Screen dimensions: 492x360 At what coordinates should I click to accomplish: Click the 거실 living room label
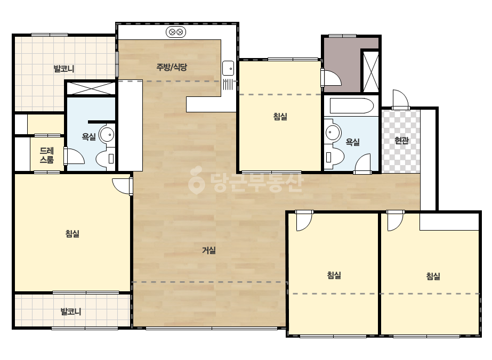click(x=208, y=250)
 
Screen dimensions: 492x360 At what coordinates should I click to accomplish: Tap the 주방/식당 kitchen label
click(x=172, y=67)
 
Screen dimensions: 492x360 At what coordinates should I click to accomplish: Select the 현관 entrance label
click(x=401, y=140)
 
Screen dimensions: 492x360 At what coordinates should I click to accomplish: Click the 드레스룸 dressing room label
click(x=47, y=155)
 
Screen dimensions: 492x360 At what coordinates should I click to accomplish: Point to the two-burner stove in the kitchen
click(x=176, y=32)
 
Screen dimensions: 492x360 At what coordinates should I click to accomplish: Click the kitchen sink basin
click(x=228, y=68)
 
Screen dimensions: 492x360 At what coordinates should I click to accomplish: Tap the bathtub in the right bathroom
click(x=351, y=105)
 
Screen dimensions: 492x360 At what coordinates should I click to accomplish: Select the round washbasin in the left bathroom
click(x=107, y=135)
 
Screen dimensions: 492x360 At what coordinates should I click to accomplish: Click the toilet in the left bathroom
click(x=106, y=158)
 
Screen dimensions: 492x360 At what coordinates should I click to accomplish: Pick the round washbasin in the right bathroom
click(x=333, y=132)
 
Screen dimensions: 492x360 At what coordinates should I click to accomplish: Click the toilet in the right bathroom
click(x=334, y=157)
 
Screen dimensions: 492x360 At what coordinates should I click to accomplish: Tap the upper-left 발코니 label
click(x=64, y=69)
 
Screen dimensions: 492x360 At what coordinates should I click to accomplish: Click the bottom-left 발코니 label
click(x=71, y=312)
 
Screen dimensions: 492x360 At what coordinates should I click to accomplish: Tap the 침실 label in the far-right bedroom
click(x=433, y=276)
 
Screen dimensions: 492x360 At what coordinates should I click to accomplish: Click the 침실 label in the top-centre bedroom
click(x=280, y=117)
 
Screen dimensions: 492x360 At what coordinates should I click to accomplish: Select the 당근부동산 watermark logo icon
click(x=196, y=180)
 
